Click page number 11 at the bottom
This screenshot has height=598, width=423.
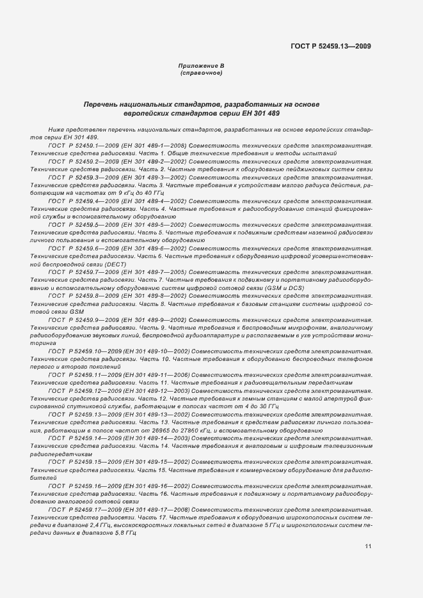(x=368, y=546)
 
